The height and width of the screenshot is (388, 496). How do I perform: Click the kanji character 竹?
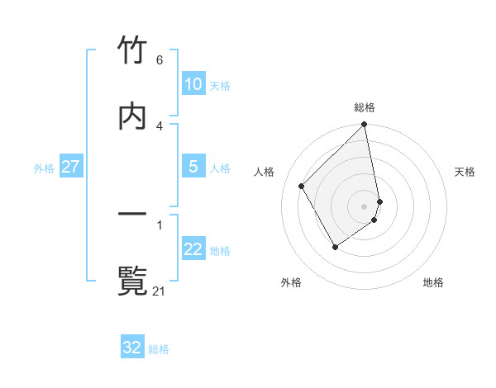point(133,50)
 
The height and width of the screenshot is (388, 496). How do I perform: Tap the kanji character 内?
point(133,115)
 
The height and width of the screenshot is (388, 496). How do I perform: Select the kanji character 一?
point(133,215)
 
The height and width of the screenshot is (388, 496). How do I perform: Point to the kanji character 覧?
point(133,280)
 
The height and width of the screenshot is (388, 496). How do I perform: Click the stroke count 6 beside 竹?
point(160,60)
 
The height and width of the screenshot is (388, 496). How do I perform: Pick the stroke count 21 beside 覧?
point(160,291)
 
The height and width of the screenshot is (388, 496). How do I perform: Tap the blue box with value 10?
point(193,84)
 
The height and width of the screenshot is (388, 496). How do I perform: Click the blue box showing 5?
point(193,167)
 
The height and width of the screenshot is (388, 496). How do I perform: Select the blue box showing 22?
point(193,249)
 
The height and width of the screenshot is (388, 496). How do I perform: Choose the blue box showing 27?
point(70,167)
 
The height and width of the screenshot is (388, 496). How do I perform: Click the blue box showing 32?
point(132,348)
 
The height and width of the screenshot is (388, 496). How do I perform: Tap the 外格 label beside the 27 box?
point(44,168)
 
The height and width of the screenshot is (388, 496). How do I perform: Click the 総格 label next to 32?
point(159,349)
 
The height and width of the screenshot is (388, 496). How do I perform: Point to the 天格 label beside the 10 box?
point(220,86)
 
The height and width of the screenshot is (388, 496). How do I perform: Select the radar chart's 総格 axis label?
point(365,107)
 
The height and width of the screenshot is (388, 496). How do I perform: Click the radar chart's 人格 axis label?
point(265,172)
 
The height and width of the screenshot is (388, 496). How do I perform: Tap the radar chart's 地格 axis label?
point(433,283)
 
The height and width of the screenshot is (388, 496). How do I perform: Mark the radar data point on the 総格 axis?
point(365,125)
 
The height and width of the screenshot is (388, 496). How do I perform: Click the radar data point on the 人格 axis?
point(302,186)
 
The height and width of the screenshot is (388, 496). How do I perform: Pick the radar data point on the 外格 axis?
point(335,247)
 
